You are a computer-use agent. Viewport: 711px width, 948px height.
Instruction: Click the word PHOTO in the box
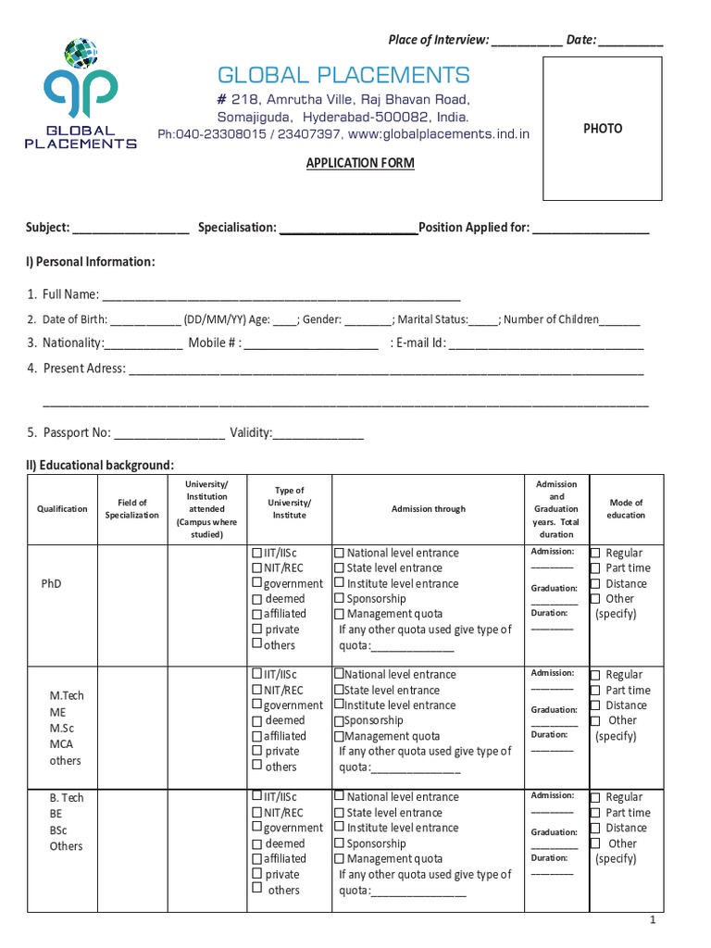pyautogui.click(x=602, y=129)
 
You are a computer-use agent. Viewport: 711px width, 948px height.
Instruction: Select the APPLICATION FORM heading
pyautogui.click(x=360, y=163)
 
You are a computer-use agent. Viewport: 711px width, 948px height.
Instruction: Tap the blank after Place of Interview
pyautogui.click(x=525, y=41)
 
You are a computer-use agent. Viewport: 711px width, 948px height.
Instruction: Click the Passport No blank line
pyautogui.click(x=168, y=433)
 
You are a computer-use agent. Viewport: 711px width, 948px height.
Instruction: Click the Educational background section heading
pyautogui.click(x=100, y=465)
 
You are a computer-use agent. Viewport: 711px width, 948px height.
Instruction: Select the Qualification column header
pyautogui.click(x=62, y=509)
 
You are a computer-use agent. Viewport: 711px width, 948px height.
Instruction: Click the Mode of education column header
pyautogui.click(x=626, y=508)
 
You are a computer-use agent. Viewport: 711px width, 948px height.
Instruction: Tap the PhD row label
pyautogui.click(x=51, y=584)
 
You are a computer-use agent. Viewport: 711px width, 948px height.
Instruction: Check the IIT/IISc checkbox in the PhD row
pyautogui.click(x=256, y=554)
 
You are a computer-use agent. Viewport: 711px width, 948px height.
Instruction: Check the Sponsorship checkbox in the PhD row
pyautogui.click(x=339, y=599)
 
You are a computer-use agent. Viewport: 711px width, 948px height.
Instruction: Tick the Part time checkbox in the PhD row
pyautogui.click(x=596, y=568)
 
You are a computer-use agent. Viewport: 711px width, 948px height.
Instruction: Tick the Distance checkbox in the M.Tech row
pyautogui.click(x=596, y=705)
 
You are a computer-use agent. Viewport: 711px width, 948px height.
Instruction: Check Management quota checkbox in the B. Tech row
pyautogui.click(x=339, y=859)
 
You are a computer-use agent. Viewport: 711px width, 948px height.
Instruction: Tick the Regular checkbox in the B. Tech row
pyautogui.click(x=596, y=798)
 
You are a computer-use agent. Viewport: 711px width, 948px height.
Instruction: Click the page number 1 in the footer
pyautogui.click(x=653, y=920)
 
